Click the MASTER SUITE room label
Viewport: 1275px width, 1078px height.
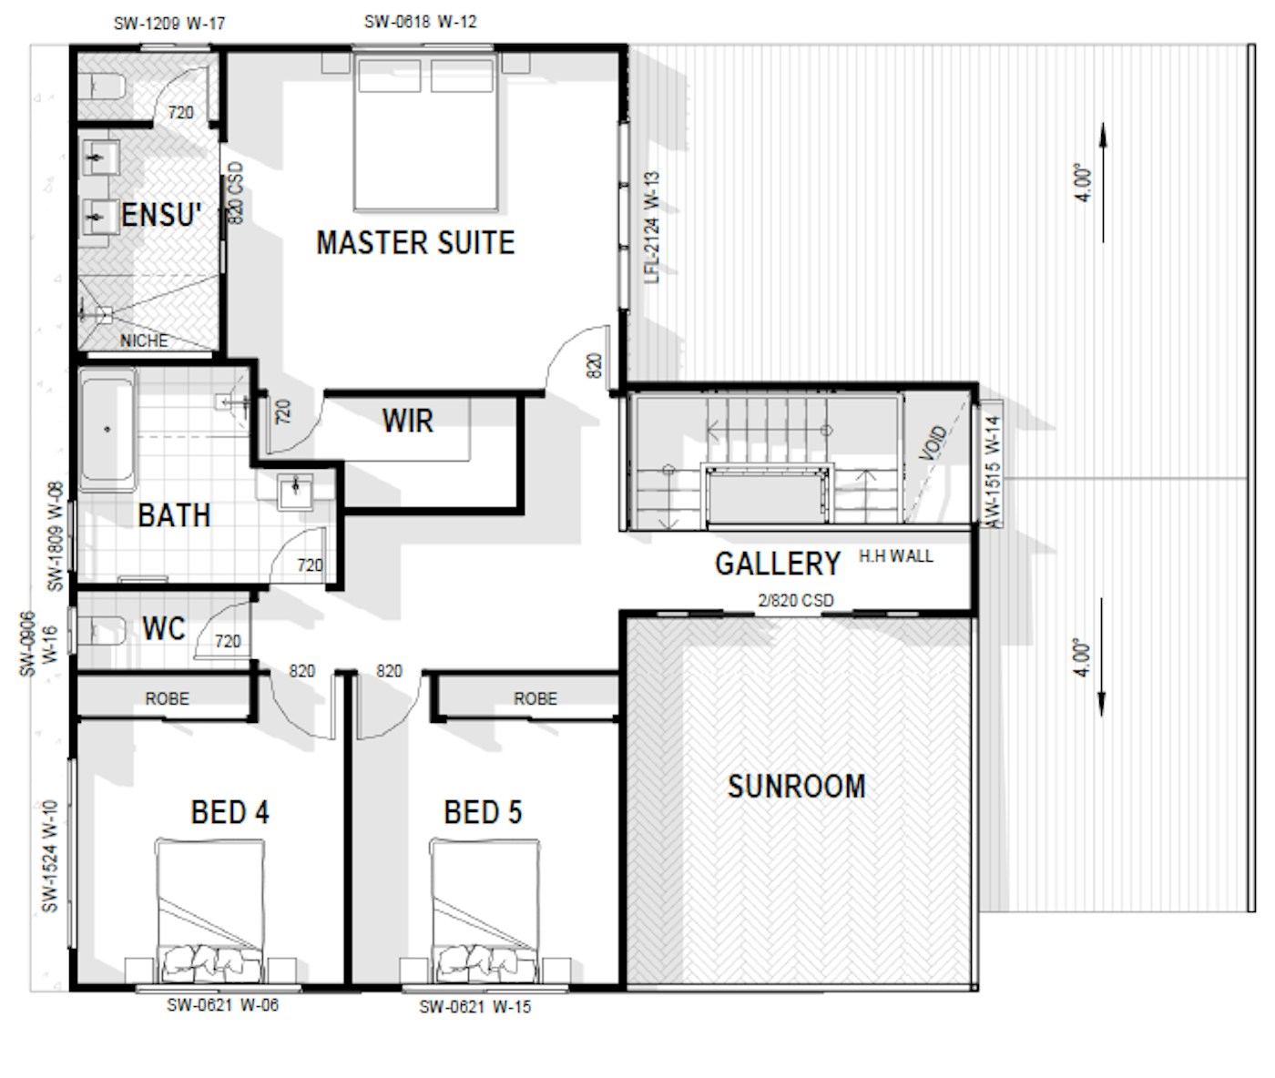click(x=415, y=242)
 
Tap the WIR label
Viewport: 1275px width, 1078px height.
click(x=408, y=421)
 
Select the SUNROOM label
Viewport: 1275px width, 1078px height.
click(x=796, y=787)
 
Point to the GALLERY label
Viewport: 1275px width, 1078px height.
click(x=777, y=564)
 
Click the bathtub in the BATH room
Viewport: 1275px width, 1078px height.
click(x=107, y=429)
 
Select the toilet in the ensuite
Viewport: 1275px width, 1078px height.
click(x=102, y=86)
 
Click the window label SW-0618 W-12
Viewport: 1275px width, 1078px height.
click(x=421, y=22)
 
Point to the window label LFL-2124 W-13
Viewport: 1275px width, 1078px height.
click(x=652, y=228)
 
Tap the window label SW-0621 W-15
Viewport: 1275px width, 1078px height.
click(x=475, y=1007)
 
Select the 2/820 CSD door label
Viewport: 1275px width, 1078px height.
click(x=796, y=600)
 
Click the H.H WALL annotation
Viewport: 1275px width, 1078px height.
click(x=895, y=556)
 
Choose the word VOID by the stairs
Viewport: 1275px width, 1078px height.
click(x=933, y=442)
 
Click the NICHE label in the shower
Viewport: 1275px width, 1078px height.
click(x=144, y=341)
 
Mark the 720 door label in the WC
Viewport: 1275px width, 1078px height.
click(x=228, y=642)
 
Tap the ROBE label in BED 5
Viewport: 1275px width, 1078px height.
click(x=535, y=698)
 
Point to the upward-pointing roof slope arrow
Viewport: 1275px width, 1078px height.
click(x=1103, y=183)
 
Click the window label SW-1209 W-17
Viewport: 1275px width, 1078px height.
click(x=169, y=24)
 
